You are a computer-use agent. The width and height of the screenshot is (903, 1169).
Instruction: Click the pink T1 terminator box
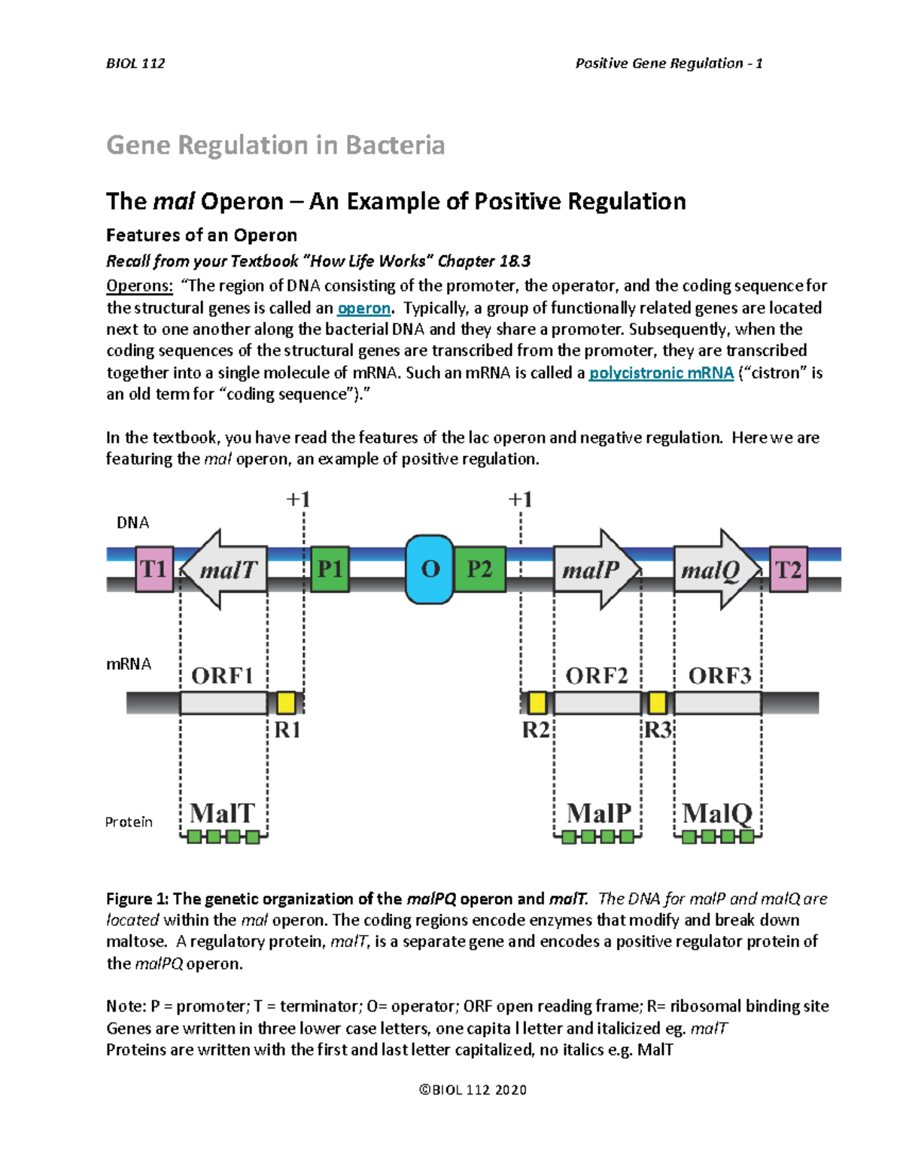click(x=154, y=569)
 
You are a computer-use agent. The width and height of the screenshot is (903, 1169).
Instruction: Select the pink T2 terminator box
click(x=788, y=569)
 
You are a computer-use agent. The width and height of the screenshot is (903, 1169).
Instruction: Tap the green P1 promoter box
click(x=330, y=569)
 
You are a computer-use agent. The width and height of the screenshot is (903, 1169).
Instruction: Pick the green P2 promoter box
click(x=479, y=569)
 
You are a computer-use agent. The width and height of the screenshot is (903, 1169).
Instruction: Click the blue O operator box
click(x=430, y=569)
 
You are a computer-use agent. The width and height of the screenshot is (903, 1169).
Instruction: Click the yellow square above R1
click(x=286, y=703)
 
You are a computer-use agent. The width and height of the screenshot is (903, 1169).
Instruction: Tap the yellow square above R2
click(x=537, y=703)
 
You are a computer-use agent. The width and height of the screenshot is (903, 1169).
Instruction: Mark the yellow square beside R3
click(x=657, y=703)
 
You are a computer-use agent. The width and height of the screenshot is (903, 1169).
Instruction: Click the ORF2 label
click(x=597, y=675)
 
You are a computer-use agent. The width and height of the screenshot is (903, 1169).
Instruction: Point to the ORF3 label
click(x=719, y=675)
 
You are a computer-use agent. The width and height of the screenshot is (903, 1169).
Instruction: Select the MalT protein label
click(x=223, y=813)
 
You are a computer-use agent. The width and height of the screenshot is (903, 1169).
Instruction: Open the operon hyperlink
click(x=364, y=308)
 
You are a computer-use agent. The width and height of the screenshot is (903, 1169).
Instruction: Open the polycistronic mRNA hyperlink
click(x=661, y=373)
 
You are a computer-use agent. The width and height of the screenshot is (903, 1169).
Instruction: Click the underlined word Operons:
click(x=140, y=286)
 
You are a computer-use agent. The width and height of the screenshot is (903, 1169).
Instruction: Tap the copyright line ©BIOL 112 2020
click(x=473, y=1089)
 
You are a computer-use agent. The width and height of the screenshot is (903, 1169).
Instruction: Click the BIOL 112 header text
click(x=135, y=63)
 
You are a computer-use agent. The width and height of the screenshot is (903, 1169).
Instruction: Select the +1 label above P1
click(x=299, y=499)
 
